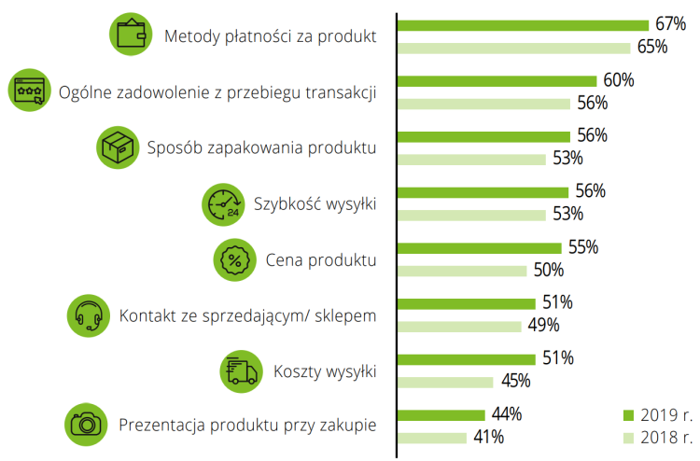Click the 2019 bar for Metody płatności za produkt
[x=523, y=25]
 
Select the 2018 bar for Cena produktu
[x=463, y=271]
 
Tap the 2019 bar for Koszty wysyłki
[x=467, y=359]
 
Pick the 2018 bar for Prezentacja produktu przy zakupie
[x=432, y=437]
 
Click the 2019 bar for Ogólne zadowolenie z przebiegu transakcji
[x=497, y=81]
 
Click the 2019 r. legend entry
[x=657, y=414]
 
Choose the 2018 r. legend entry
[x=657, y=436]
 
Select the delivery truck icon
[x=241, y=370]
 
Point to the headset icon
[x=89, y=315]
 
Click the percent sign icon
[x=235, y=260]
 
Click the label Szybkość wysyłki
[x=315, y=204]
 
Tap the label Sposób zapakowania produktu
[x=262, y=148]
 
